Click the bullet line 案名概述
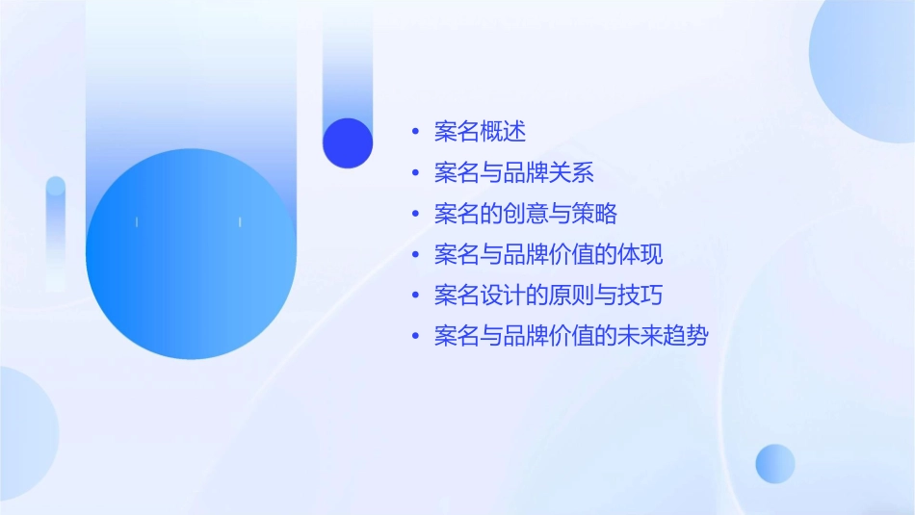pyautogui.click(x=480, y=132)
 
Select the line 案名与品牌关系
pyautogui.click(x=513, y=173)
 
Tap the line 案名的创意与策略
pyautogui.click(x=525, y=214)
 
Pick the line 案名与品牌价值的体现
pyautogui.click(x=548, y=255)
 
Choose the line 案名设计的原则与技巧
pyautogui.click(x=548, y=296)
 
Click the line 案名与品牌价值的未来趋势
pyautogui.click(x=571, y=337)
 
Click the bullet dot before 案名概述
pyautogui.click(x=415, y=132)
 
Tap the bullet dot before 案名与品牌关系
pyautogui.click(x=415, y=173)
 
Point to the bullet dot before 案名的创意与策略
pyautogui.click(x=415, y=214)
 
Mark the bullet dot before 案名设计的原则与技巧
pyautogui.click(x=415, y=296)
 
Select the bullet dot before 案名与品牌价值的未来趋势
pyautogui.click(x=415, y=337)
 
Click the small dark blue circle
pyautogui.click(x=348, y=142)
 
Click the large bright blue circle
pyautogui.click(x=191, y=254)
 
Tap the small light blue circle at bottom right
pyautogui.click(x=775, y=463)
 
